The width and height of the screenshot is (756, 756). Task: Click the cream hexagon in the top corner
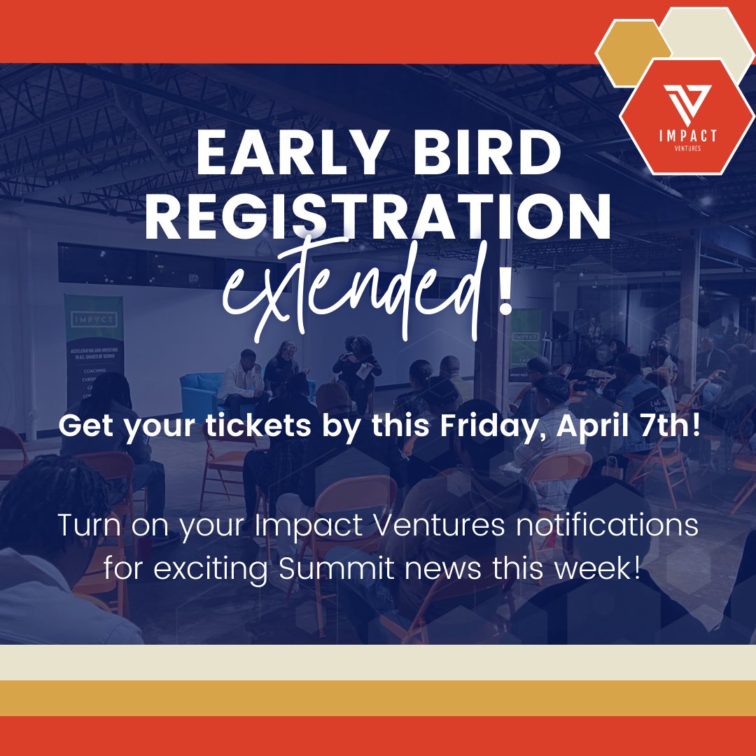coord(707,31)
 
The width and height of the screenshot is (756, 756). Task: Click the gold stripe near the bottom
coord(378,698)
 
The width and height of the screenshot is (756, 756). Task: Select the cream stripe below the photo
coord(378,662)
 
